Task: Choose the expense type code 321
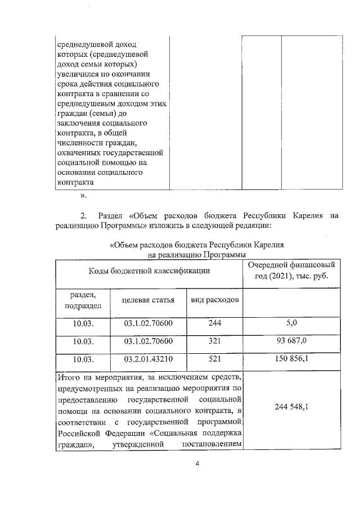[214, 342]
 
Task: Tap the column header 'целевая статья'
[149, 300]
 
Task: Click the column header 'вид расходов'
[215, 300]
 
